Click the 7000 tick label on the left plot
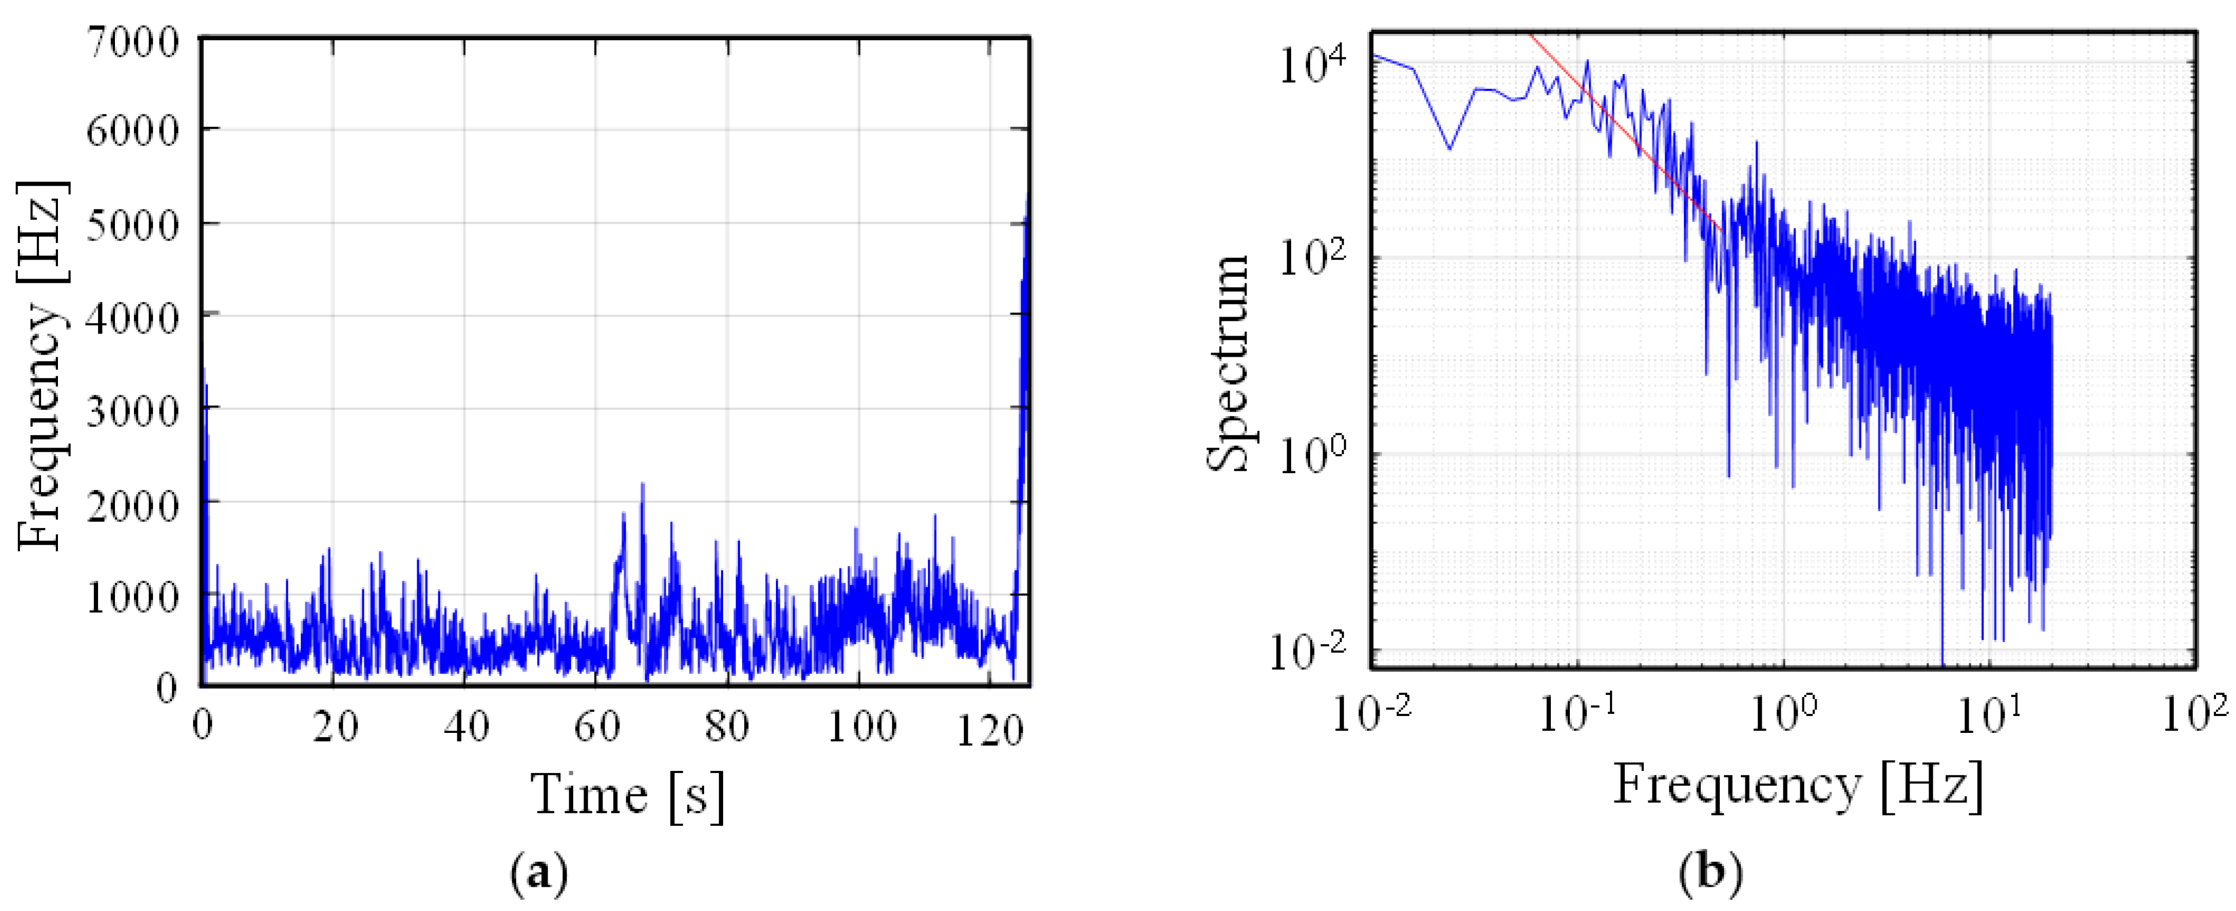133,42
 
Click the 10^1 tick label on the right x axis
1988,714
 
